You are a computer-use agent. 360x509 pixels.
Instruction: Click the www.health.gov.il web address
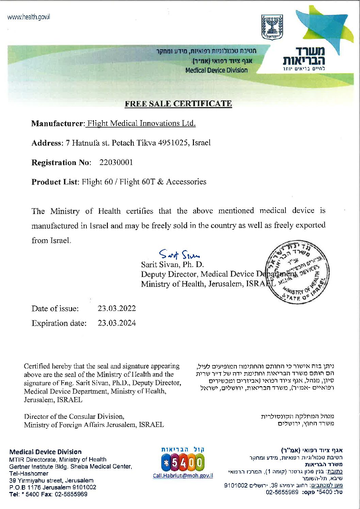click(29, 17)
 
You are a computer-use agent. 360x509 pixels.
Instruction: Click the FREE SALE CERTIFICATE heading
click(178, 104)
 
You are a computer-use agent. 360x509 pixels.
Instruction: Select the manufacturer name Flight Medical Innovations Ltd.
click(141, 123)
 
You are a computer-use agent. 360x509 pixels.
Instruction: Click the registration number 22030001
click(116, 162)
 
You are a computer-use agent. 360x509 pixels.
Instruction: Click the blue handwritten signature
click(179, 254)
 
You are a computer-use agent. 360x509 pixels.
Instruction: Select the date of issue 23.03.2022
click(117, 308)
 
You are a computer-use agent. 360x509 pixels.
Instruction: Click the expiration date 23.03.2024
click(117, 323)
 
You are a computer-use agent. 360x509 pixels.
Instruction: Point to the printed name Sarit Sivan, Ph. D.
click(173, 264)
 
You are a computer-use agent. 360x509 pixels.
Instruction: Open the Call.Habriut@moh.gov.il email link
click(183, 475)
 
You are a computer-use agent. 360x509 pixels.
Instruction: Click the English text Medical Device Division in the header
click(216, 70)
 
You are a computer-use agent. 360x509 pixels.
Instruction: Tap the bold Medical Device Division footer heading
click(46, 452)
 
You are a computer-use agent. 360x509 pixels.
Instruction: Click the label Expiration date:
click(59, 323)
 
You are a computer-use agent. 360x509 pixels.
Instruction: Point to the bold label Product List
click(54, 182)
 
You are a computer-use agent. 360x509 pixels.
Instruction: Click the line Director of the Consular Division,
click(74, 416)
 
